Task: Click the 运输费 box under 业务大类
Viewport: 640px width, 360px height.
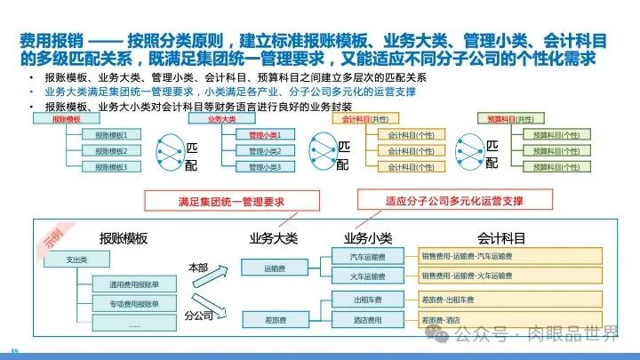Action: click(274, 267)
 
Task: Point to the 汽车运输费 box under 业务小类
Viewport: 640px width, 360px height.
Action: click(368, 257)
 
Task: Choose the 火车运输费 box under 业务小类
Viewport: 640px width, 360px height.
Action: click(368, 276)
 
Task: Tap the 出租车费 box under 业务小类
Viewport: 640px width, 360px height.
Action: click(368, 300)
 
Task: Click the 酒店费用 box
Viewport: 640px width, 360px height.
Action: click(368, 319)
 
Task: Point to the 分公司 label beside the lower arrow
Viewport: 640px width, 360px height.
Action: click(199, 314)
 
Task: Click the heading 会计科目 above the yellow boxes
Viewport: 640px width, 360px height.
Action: click(501, 238)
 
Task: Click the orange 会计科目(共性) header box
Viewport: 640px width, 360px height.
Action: click(364, 119)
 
